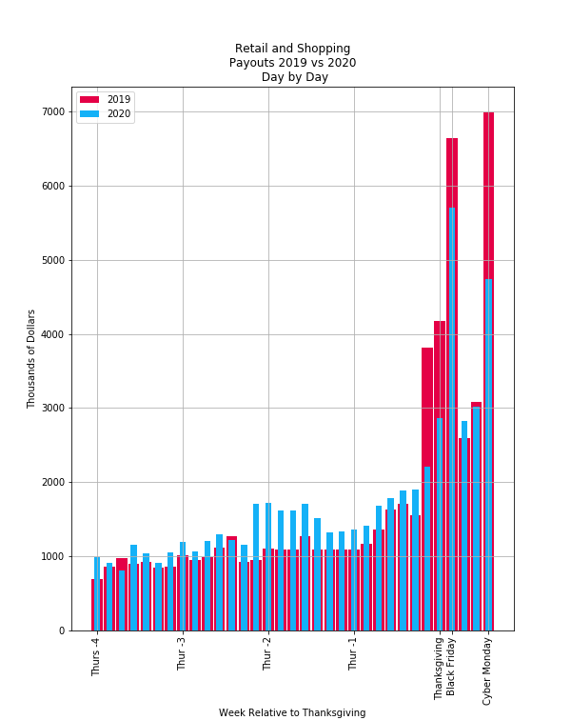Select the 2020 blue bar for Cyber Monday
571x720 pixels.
click(x=488, y=457)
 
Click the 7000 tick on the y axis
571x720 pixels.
click(x=53, y=112)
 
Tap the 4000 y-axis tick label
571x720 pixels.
click(x=53, y=334)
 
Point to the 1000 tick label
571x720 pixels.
click(x=53, y=556)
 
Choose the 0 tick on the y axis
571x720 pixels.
click(x=62, y=630)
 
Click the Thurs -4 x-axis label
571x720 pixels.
click(x=96, y=657)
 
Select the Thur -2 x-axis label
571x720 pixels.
click(x=267, y=654)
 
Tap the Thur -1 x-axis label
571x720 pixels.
click(x=353, y=654)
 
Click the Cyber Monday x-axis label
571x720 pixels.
click(x=488, y=671)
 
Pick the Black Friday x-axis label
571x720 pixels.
click(x=452, y=667)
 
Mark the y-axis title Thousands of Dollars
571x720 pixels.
click(x=31, y=359)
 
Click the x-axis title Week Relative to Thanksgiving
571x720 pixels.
click(x=292, y=712)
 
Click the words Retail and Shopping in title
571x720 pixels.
click(x=292, y=49)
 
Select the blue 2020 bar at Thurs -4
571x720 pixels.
click(x=97, y=595)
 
